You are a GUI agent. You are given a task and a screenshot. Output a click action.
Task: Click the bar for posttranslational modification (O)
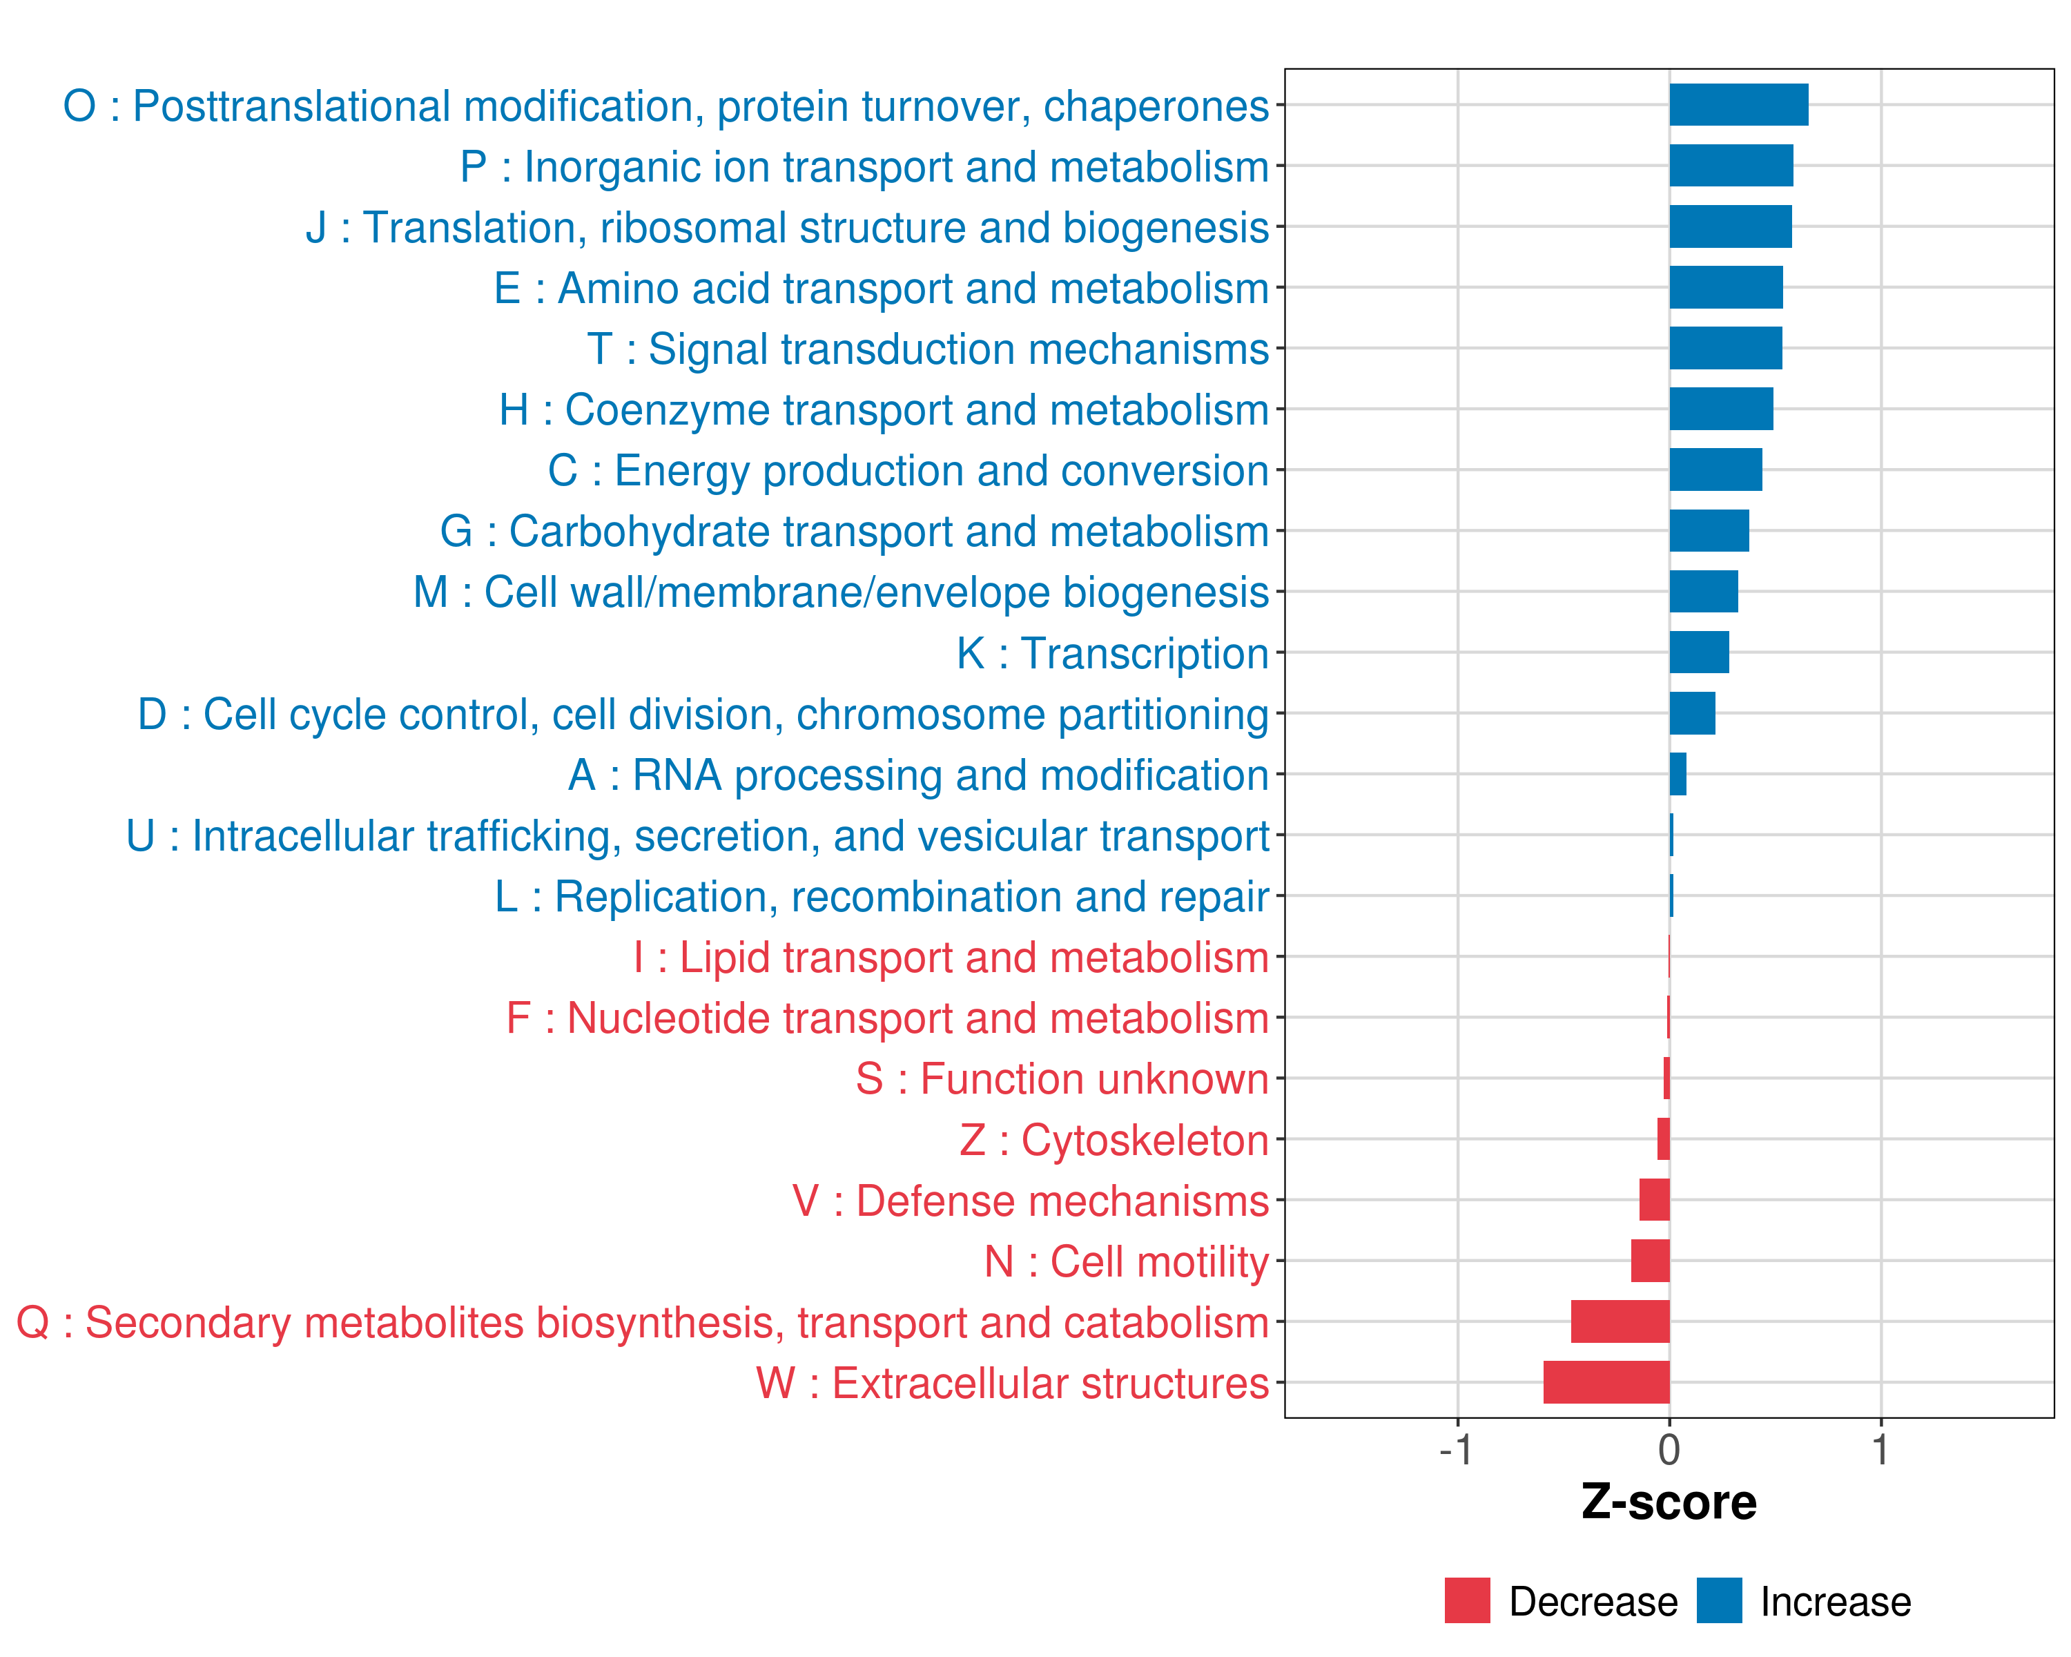click(1739, 105)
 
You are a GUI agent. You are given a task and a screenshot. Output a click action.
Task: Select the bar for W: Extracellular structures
click(1606, 1382)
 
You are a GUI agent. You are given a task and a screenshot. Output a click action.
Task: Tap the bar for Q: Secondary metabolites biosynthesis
click(1620, 1321)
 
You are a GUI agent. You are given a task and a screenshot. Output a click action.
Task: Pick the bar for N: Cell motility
click(1651, 1260)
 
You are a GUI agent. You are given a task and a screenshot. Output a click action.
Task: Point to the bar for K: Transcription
click(1700, 652)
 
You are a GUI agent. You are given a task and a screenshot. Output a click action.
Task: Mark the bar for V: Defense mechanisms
click(1654, 1200)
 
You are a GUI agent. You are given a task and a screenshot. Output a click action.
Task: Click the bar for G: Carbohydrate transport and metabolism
click(1709, 531)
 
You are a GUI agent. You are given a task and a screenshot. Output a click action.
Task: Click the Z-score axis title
click(1669, 1502)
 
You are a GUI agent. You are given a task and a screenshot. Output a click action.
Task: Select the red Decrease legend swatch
click(1467, 1600)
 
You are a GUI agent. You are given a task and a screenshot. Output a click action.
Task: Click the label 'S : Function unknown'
click(1062, 1078)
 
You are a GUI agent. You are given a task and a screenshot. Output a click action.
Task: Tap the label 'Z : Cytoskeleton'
click(1114, 1140)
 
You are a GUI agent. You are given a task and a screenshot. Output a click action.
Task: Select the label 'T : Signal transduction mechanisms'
click(928, 349)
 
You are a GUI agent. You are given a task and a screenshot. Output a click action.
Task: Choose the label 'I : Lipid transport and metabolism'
click(951, 958)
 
